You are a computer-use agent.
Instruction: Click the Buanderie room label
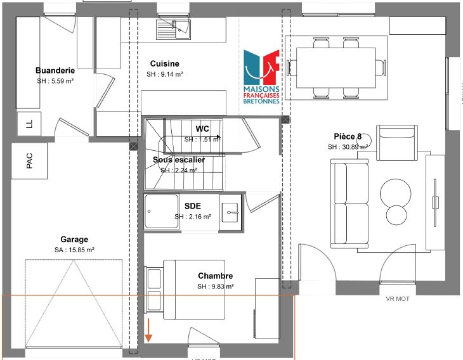(x=56, y=71)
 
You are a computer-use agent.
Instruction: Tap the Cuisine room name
(x=164, y=63)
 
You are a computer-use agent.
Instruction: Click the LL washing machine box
(x=29, y=124)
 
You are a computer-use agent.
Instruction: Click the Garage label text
(x=74, y=240)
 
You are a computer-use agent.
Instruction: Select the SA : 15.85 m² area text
(x=74, y=250)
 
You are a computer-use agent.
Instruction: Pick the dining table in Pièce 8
(x=336, y=67)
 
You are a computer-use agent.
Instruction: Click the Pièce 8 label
(x=348, y=136)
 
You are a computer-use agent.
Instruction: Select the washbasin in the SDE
(x=230, y=211)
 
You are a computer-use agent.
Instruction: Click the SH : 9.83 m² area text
(x=215, y=286)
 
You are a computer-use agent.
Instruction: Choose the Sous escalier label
(x=179, y=160)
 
